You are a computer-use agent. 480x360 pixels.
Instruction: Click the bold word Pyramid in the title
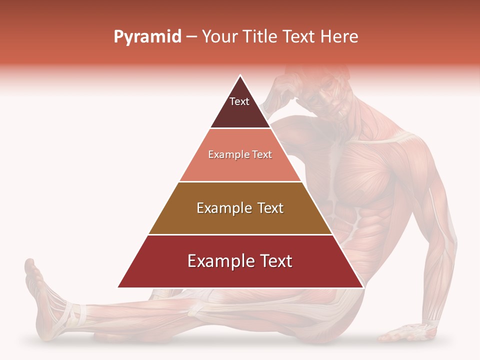tap(147, 37)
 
